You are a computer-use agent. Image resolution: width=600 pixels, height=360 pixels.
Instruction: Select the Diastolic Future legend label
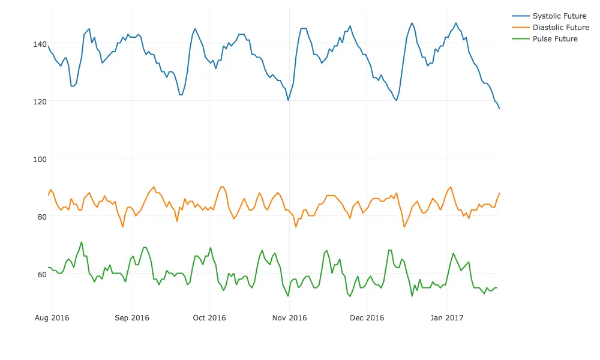click(x=560, y=28)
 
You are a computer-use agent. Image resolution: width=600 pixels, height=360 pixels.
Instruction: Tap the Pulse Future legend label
click(x=555, y=39)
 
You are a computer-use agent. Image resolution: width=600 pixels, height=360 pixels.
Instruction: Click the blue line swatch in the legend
click(x=521, y=16)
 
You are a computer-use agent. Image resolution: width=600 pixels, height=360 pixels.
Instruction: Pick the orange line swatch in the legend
click(x=521, y=28)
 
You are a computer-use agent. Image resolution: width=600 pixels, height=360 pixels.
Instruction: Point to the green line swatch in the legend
click(x=521, y=39)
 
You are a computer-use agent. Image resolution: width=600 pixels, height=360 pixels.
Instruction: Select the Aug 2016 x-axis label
click(x=52, y=318)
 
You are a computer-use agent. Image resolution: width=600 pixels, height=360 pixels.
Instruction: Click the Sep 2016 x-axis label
click(x=131, y=318)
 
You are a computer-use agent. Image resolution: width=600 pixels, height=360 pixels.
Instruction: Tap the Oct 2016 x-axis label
click(x=209, y=318)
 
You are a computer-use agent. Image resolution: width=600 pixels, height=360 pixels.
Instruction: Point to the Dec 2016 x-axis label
click(x=367, y=318)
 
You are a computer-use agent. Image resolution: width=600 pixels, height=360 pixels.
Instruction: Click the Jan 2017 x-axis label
click(x=446, y=318)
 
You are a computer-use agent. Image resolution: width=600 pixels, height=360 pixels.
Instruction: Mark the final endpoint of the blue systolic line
click(x=499, y=109)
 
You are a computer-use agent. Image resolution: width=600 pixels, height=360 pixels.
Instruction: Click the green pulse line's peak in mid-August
click(x=82, y=242)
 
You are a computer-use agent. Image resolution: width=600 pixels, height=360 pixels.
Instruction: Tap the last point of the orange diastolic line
click(x=499, y=193)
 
